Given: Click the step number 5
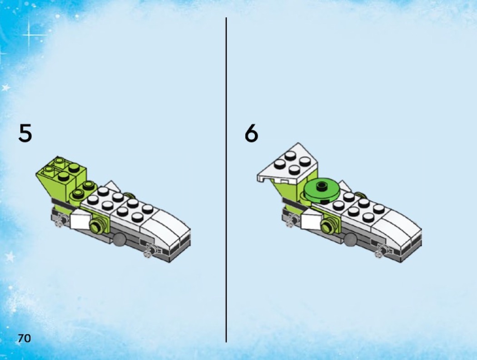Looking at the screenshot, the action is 25,133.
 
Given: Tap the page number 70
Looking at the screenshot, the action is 25,338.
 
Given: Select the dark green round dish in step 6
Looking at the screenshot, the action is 321,190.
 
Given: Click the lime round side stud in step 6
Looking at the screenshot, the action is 328,226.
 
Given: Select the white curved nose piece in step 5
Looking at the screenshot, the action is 167,227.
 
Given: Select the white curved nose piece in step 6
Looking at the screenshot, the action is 398,227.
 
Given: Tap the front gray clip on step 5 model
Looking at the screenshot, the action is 150,250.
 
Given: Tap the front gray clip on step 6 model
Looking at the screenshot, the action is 381,250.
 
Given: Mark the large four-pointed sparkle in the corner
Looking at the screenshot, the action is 29,35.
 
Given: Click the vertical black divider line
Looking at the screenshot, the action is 226,180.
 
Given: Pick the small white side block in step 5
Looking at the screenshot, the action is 80,220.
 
